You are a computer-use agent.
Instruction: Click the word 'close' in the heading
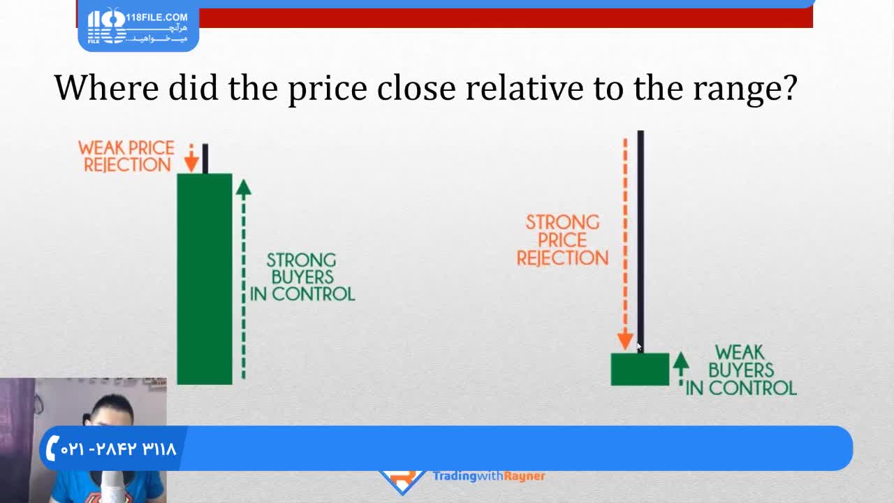pyautogui.click(x=416, y=87)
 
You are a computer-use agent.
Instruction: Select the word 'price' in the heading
pyautogui.click(x=328, y=90)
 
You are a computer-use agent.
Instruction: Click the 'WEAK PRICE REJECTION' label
pyautogui.click(x=127, y=156)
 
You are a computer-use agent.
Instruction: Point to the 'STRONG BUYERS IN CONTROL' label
pyautogui.click(x=302, y=277)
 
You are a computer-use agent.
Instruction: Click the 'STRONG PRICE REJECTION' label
pyautogui.click(x=562, y=240)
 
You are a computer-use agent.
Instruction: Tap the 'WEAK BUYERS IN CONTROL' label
pyautogui.click(x=741, y=370)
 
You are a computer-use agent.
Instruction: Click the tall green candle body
pyautogui.click(x=205, y=279)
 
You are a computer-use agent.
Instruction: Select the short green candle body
pyautogui.click(x=640, y=370)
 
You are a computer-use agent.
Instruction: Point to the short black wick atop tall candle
pyautogui.click(x=205, y=159)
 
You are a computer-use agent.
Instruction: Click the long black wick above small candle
pyautogui.click(x=640, y=242)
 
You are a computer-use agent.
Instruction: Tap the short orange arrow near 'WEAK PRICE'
pyautogui.click(x=191, y=158)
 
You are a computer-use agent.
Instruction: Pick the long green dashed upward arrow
pyautogui.click(x=244, y=279)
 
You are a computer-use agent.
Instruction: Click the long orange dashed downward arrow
pyautogui.click(x=625, y=245)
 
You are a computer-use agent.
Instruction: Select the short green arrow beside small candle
pyautogui.click(x=681, y=369)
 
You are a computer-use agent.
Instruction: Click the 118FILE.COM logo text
pyautogui.click(x=157, y=17)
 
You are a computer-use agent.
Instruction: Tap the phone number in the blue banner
pyautogui.click(x=118, y=449)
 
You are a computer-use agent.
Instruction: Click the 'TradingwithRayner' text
pyautogui.click(x=489, y=476)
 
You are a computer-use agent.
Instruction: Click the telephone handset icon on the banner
pyautogui.click(x=52, y=448)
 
